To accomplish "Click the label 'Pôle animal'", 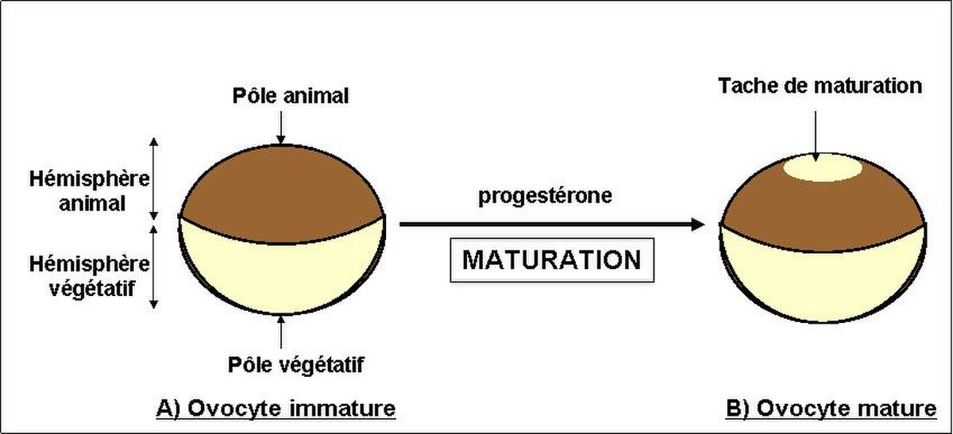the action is [291, 96].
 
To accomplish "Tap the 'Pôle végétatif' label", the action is [296, 364].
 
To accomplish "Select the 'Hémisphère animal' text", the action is [90, 191].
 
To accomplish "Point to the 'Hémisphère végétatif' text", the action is [90, 276].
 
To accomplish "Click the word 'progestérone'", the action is [546, 197].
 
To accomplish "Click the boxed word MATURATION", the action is [552, 259].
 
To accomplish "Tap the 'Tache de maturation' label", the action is [820, 86].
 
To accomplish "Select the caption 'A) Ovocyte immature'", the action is [276, 409].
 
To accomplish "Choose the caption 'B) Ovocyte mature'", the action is [831, 409].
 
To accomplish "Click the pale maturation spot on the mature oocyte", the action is [823, 168].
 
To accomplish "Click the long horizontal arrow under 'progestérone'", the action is [552, 225].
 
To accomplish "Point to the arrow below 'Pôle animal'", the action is [281, 128].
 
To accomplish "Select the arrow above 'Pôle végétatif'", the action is [281, 332].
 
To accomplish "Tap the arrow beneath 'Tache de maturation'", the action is [816, 136].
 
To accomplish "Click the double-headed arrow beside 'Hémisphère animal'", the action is [154, 179].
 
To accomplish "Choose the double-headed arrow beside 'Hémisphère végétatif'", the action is [154, 267].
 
